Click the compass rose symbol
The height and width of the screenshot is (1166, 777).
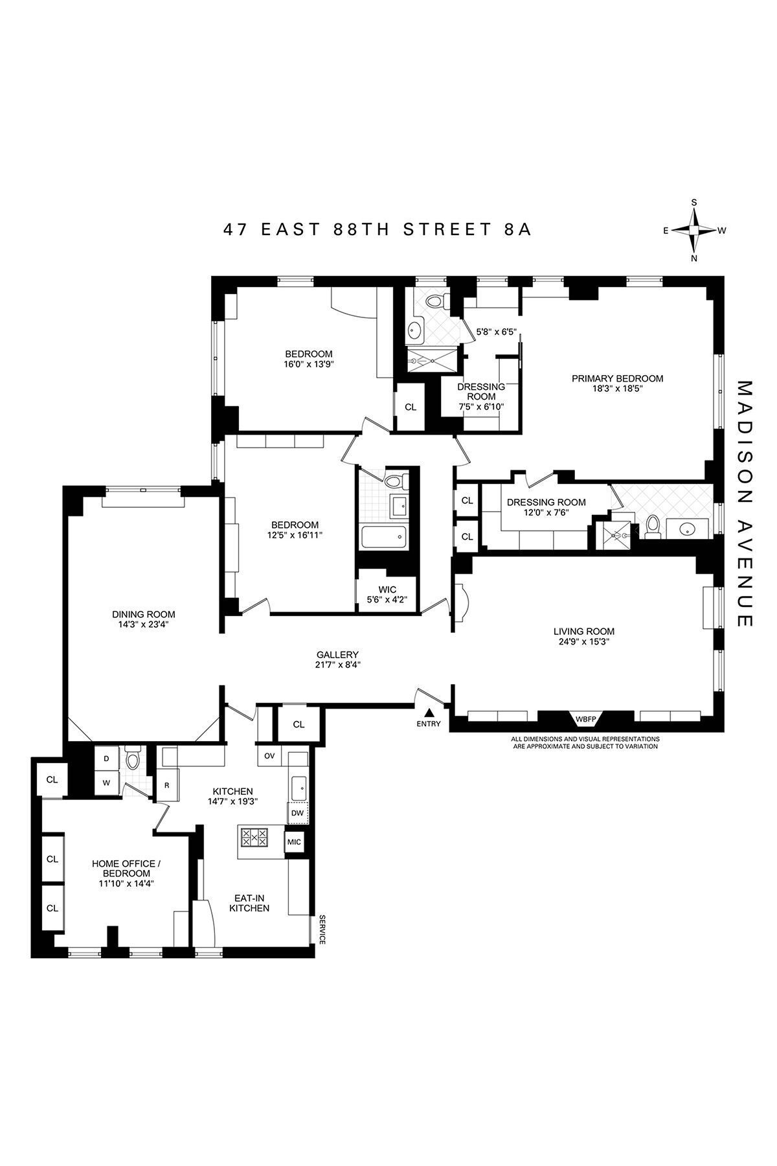(x=694, y=230)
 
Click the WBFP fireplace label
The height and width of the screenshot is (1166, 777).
(x=585, y=718)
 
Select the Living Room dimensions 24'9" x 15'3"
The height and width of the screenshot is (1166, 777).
(x=583, y=642)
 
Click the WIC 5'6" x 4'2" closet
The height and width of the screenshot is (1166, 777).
(x=387, y=594)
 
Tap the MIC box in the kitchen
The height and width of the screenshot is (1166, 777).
(x=294, y=841)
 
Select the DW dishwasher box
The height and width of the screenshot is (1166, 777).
(x=297, y=812)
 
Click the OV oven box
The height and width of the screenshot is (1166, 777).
(x=269, y=756)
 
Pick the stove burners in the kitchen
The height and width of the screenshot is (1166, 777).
(x=254, y=838)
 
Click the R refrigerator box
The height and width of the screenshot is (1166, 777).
(x=166, y=785)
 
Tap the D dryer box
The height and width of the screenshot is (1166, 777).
(x=106, y=758)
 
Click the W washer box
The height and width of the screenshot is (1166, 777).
(x=106, y=783)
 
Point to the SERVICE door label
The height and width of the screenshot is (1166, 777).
(x=321, y=930)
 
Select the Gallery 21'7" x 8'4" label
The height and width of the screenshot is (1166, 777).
(x=337, y=659)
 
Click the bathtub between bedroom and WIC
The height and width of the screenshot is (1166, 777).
(x=383, y=537)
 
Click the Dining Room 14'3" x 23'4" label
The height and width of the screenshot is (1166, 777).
(x=143, y=619)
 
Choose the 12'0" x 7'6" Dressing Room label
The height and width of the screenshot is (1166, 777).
(x=546, y=507)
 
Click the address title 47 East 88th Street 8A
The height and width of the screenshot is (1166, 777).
(x=377, y=229)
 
